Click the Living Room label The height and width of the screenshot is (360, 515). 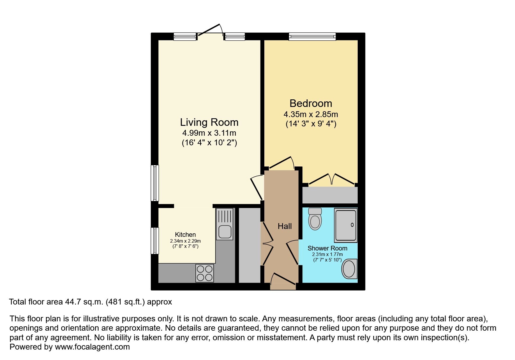pyautogui.click(x=209, y=122)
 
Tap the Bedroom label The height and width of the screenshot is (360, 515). pyautogui.click(x=311, y=103)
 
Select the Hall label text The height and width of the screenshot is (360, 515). pyautogui.click(x=284, y=226)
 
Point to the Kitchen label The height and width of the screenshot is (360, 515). pyautogui.click(x=185, y=234)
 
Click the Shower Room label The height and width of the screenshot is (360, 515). pyautogui.click(x=327, y=248)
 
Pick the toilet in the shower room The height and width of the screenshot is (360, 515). pyautogui.click(x=315, y=219)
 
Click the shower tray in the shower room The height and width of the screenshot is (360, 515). pyautogui.click(x=346, y=225)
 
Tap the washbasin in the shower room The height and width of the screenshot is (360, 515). pyautogui.click(x=349, y=269)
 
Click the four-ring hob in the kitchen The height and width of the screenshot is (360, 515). pyautogui.click(x=205, y=273)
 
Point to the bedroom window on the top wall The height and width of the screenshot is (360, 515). pyautogui.click(x=312, y=36)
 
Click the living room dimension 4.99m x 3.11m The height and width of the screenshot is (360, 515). pyautogui.click(x=209, y=133)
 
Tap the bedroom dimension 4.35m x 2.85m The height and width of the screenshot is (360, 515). pyautogui.click(x=311, y=114)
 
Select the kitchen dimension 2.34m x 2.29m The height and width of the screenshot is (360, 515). pyautogui.click(x=185, y=241)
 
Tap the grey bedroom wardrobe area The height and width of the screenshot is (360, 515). pyautogui.click(x=330, y=195)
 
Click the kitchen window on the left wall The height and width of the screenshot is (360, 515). pyautogui.click(x=155, y=241)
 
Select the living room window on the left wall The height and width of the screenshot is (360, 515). pyautogui.click(x=155, y=183)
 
